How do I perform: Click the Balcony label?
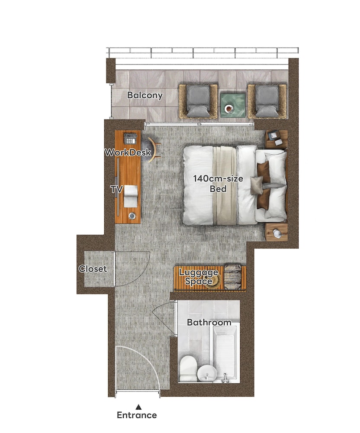coord(145,95)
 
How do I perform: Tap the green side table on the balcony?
coord(232,105)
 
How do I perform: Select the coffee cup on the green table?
coord(229,109)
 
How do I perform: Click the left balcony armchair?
coord(198,102)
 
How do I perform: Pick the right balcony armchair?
coord(267,102)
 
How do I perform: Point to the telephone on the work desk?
coord(130,139)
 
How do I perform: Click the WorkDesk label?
coord(128,152)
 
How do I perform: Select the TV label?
coord(116,190)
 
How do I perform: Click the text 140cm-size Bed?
coord(218,184)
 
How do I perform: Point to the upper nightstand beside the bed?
coord(276,139)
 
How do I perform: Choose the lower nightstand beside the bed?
coord(276,233)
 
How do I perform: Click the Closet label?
coord(93,269)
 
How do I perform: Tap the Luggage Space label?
coord(199,277)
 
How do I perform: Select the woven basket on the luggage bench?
coord(233,277)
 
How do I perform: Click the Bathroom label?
coord(209,322)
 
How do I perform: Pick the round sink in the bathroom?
coord(207,374)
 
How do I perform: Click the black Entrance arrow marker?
coord(139,407)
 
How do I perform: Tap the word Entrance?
coord(137,415)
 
